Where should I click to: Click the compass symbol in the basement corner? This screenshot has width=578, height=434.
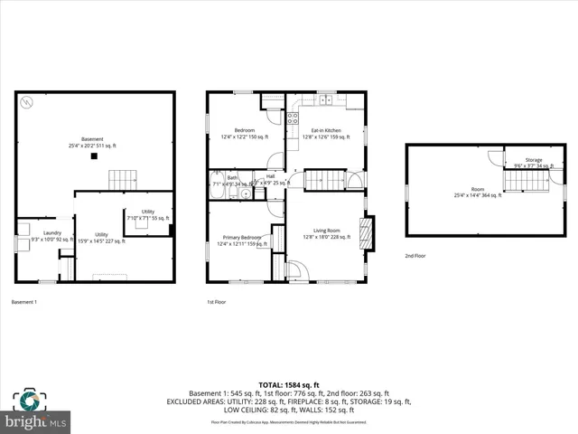[29, 102]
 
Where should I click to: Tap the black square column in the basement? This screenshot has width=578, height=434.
[93, 156]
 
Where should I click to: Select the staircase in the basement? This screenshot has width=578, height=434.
[122, 179]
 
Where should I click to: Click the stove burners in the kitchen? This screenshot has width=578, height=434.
[293, 117]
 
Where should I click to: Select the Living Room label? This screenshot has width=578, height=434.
[326, 234]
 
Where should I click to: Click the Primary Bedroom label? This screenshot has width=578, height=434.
[241, 240]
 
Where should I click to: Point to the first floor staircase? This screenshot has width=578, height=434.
[323, 180]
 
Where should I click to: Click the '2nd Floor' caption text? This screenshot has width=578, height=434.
[416, 256]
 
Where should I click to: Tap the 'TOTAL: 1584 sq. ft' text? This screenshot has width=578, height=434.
[288, 384]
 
